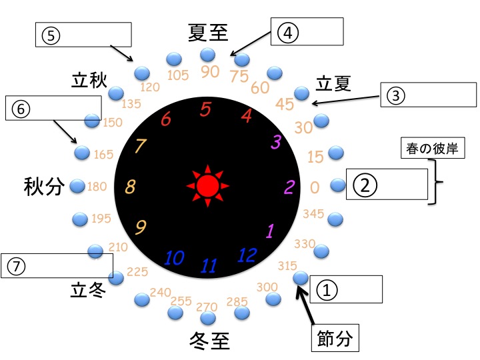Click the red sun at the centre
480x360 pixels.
click(207, 186)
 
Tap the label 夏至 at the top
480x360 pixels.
click(208, 33)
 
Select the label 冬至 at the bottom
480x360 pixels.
click(210, 341)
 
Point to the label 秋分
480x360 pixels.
click(44, 186)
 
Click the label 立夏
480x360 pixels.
click(333, 83)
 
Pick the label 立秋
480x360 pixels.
click(89, 81)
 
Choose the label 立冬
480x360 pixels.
click(88, 290)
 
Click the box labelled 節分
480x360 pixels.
click(335, 338)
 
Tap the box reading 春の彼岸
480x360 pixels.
click(433, 148)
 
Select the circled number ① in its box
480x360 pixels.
click(327, 290)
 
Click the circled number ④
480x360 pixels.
click(288, 33)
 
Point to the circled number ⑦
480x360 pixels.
click(15, 266)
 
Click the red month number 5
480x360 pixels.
click(205, 109)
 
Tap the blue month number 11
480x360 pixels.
click(209, 265)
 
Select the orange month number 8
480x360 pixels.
click(130, 187)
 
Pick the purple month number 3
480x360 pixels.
click(276, 142)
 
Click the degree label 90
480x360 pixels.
click(210, 72)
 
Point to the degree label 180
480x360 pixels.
click(97, 187)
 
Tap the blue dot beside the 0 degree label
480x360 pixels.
click(338, 185)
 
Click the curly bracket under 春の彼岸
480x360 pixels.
click(436, 182)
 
